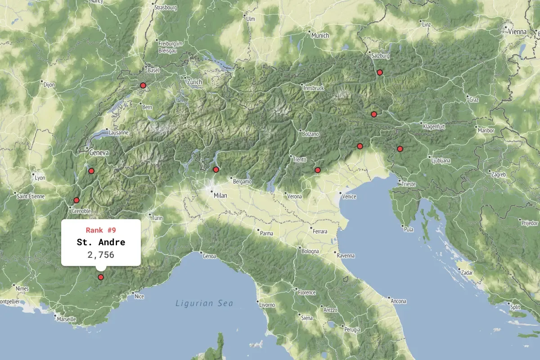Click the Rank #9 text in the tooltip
(101, 230)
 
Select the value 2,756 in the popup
(101, 255)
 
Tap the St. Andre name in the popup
(101, 243)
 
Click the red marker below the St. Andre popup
(101, 277)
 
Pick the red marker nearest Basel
(143, 85)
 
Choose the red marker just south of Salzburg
(380, 72)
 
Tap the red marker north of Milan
(216, 170)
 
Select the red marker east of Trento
(318, 170)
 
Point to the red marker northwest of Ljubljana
(400, 149)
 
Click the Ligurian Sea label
(204, 303)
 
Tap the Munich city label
(319, 36)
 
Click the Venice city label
(349, 197)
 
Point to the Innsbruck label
(314, 88)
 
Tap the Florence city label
(306, 292)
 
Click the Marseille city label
(66, 319)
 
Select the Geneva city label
(99, 153)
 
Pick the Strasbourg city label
(165, 8)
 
